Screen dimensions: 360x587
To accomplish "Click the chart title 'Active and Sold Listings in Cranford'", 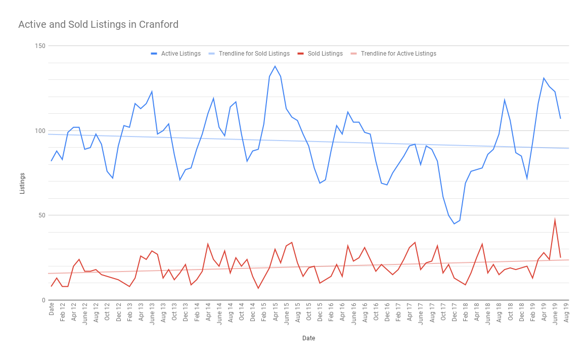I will coord(98,24).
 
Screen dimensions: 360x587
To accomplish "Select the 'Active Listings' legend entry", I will coord(180,54).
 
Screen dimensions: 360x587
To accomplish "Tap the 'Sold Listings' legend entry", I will coord(325,54).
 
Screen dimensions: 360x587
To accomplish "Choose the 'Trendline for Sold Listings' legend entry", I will coord(254,54).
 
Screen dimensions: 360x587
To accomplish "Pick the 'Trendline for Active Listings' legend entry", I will coord(398,54).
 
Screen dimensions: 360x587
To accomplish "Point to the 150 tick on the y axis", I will coord(40,46).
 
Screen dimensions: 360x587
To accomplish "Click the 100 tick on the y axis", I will coord(40,130).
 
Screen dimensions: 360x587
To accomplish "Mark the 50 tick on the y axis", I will coord(41,215).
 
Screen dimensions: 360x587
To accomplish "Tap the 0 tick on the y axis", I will coord(43,300).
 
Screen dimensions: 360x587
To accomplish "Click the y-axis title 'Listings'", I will coord(22,183).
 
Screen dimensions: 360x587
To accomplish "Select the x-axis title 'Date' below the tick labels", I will coord(308,338).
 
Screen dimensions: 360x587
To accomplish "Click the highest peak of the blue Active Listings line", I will coord(275,66).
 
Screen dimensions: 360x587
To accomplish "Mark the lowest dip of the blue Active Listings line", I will coord(454,223).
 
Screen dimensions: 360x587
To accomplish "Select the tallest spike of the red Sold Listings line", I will coord(555,220).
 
